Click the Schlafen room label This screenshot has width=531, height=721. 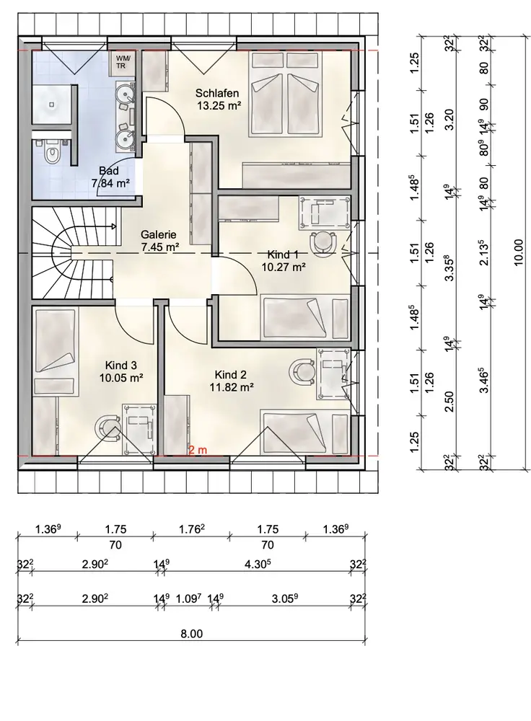coord(217,93)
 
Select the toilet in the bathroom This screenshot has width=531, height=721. coord(51,152)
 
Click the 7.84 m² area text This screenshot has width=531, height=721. coord(110,183)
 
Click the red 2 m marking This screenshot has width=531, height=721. coord(198,450)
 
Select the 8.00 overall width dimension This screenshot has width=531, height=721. coord(191,634)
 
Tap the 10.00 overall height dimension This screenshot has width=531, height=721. coord(519,252)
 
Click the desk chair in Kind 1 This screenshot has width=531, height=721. coord(322,241)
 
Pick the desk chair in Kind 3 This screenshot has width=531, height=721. coord(110,428)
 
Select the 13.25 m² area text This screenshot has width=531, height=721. coord(219,105)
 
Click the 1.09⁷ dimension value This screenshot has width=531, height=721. coord(189,598)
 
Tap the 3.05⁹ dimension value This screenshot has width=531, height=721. coord(284,598)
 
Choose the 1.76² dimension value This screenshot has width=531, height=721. coord(191,529)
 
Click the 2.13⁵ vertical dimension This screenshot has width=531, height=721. coord(483,252)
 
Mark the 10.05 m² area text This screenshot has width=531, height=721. coord(121,378)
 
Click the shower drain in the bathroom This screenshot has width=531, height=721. coord(51,105)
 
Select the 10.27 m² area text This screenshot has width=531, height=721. coord(284,266)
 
